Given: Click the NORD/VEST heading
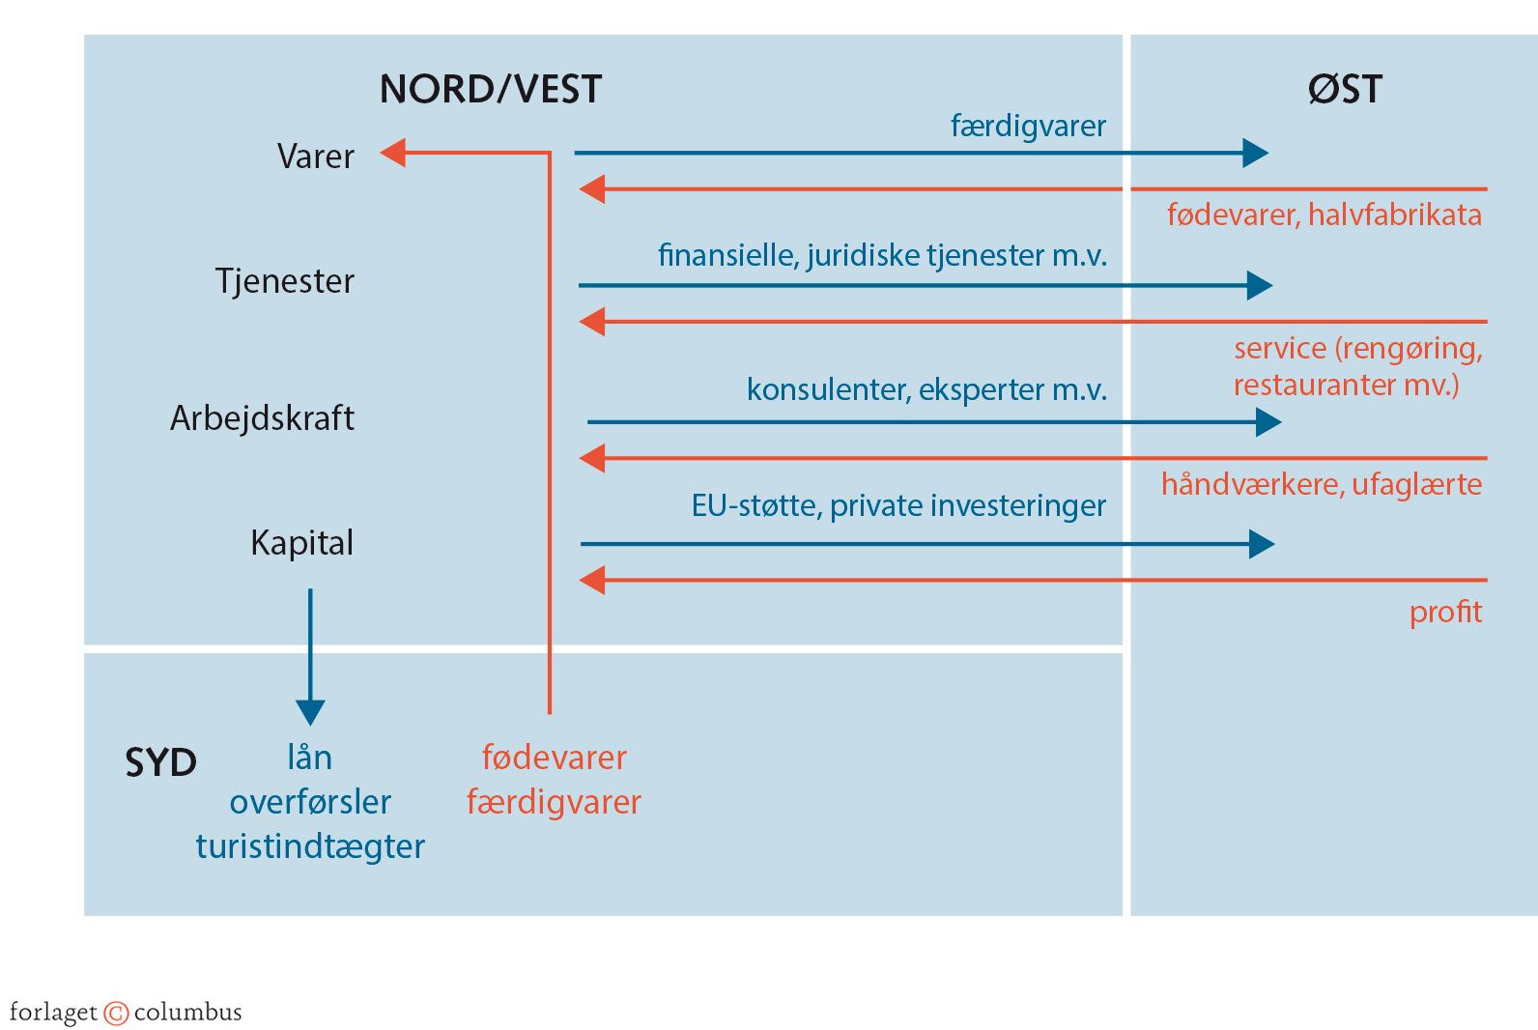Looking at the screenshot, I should click(x=490, y=89).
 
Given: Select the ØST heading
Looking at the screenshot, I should click(x=1344, y=89).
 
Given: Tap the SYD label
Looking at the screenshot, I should click(x=160, y=762).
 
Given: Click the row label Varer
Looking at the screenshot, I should click(x=315, y=157).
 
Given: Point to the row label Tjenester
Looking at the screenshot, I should click(x=284, y=281).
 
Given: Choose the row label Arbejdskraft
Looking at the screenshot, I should click(x=262, y=418).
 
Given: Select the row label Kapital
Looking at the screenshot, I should click(x=301, y=543).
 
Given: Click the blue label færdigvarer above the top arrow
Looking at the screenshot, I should click(x=1028, y=126).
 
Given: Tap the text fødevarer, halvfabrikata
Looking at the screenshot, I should click(x=1324, y=215).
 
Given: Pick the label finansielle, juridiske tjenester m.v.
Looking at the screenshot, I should click(x=882, y=255).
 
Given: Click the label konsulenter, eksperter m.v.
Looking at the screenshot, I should click(x=926, y=389).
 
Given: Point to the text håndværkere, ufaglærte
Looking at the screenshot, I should click(x=1321, y=484).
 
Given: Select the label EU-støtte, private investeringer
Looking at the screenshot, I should click(x=898, y=505).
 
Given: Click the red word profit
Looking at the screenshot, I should click(x=1444, y=612).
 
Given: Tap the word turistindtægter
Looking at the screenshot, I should click(x=310, y=846).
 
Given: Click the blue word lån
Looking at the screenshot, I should click(x=309, y=758).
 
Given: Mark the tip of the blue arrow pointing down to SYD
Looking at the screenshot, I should click(x=310, y=722).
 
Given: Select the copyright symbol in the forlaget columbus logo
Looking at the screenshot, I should click(x=116, y=1013).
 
